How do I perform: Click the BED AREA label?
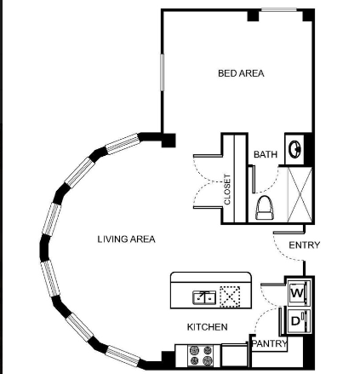point(241,73)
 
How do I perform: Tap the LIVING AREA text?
point(127,239)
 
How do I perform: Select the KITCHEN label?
point(207,327)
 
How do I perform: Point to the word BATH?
point(266,154)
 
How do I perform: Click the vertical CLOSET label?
point(227,189)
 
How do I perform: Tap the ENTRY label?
point(305,245)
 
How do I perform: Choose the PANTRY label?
point(270,343)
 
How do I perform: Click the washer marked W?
point(299,293)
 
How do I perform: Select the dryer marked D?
point(299,321)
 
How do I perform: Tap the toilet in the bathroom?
point(265,208)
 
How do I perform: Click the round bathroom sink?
point(294,148)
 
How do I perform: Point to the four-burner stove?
point(201,355)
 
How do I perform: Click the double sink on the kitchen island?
point(204,297)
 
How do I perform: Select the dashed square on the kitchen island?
point(230,296)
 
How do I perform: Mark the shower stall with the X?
point(300,194)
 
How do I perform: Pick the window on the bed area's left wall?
point(162,72)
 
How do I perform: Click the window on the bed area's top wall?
point(279,10)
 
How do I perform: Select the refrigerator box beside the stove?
point(234,355)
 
